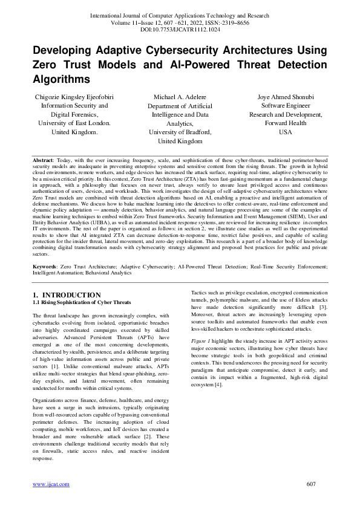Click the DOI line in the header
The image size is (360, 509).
(180, 28)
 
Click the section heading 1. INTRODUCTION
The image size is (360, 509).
(67, 295)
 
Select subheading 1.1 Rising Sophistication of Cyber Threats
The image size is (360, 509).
(82, 302)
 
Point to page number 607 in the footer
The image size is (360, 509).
(312, 484)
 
